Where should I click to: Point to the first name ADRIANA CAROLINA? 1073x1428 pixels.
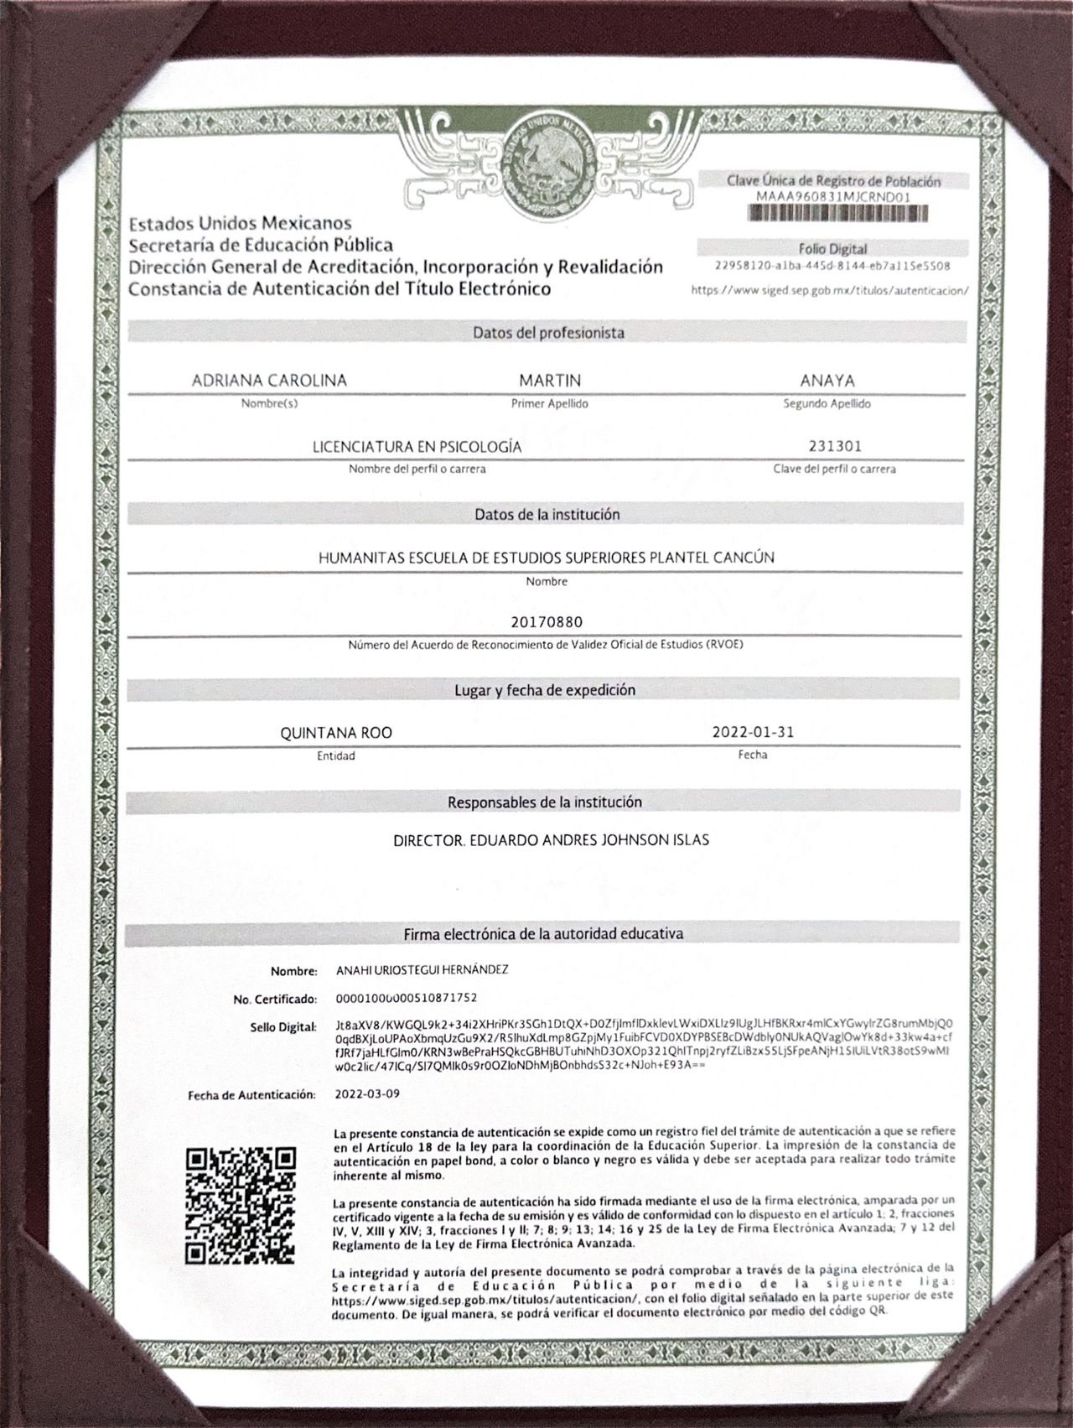coord(269,381)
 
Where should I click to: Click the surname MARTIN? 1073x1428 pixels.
coord(550,381)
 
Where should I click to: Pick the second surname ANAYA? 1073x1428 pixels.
coord(827,381)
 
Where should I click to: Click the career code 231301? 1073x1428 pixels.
coord(833,447)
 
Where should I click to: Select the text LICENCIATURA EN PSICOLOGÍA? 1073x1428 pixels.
coord(417,447)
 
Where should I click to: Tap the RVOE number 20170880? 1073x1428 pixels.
coord(546,622)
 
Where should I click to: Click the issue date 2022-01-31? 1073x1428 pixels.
coord(753,732)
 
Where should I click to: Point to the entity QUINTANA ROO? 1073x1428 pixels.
coord(335,733)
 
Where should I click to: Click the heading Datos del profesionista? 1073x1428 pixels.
coord(548,333)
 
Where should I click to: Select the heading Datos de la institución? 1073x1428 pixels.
coord(547,514)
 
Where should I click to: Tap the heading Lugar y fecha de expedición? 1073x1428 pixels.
coord(545,690)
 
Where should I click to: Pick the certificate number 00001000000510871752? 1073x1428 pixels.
coord(406,999)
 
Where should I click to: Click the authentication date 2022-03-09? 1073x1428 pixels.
coord(367,1094)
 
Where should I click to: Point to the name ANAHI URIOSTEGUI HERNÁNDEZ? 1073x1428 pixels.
coord(422,970)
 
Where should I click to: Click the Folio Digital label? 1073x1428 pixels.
coord(832,249)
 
